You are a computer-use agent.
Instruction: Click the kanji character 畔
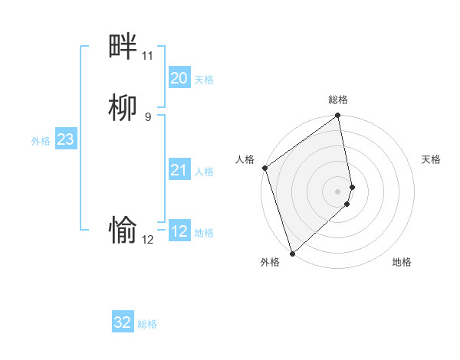click(x=123, y=47)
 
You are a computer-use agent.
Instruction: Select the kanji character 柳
click(x=123, y=108)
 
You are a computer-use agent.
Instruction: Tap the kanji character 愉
click(x=123, y=229)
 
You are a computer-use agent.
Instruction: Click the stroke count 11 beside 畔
click(x=147, y=56)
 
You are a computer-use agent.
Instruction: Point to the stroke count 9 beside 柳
click(x=148, y=116)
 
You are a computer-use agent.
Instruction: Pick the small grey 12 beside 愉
click(x=147, y=239)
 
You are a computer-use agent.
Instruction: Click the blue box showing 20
click(x=179, y=78)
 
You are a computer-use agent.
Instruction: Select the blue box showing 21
click(x=179, y=170)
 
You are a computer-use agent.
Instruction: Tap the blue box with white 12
click(x=179, y=231)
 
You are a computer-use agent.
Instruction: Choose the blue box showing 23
click(x=65, y=139)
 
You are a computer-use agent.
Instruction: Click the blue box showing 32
click(x=123, y=322)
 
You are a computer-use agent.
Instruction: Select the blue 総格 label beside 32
click(x=147, y=324)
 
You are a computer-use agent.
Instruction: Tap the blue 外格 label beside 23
click(x=41, y=141)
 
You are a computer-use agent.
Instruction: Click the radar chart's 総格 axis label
click(x=338, y=100)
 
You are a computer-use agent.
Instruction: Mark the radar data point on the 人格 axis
click(x=264, y=168)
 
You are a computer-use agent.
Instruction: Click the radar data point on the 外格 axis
click(x=292, y=252)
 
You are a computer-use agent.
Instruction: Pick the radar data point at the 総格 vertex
click(x=338, y=116)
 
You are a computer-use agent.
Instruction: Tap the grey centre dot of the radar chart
click(x=338, y=191)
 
